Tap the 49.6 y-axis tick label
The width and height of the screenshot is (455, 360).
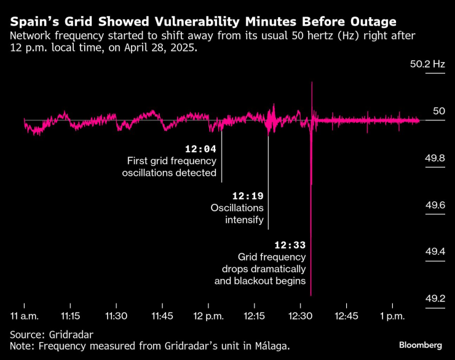[x=435, y=205]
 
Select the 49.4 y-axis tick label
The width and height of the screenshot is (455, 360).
[x=435, y=251]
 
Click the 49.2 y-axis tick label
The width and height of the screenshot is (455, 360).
[x=435, y=298]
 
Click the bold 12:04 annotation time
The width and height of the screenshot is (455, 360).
[x=200, y=149]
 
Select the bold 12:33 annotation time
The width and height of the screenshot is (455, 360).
[x=290, y=244]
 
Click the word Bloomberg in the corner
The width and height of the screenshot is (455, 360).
[x=421, y=345]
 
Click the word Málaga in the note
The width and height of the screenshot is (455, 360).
[x=268, y=346]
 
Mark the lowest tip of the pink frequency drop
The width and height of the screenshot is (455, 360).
[x=312, y=295]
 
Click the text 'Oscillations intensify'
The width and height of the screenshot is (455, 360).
[x=237, y=214]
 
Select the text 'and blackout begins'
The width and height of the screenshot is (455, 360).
[x=260, y=281]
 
